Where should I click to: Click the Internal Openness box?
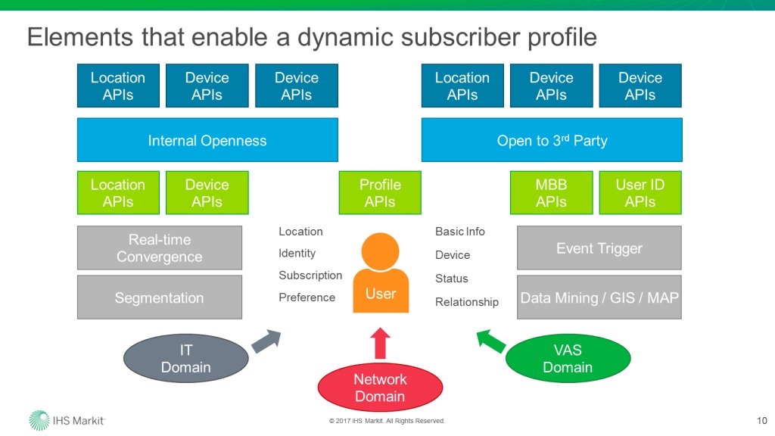click(x=207, y=140)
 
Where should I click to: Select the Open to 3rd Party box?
click(x=552, y=140)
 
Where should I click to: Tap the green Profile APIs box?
click(x=380, y=193)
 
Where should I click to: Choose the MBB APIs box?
click(x=551, y=193)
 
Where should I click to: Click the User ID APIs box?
click(x=640, y=193)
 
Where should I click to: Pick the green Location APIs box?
click(x=118, y=193)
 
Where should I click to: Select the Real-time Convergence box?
click(x=160, y=248)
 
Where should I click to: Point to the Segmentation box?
click(x=160, y=297)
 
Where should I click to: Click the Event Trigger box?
click(x=599, y=248)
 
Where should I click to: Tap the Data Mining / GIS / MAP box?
click(x=599, y=297)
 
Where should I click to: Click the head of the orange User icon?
click(x=380, y=250)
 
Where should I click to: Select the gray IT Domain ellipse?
click(x=186, y=359)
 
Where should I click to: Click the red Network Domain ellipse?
click(x=380, y=388)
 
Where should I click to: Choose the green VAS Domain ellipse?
click(x=568, y=359)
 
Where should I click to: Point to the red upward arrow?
click(x=381, y=342)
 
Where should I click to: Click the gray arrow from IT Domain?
click(x=266, y=341)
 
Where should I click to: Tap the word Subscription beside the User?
click(x=310, y=276)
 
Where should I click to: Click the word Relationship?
click(x=467, y=302)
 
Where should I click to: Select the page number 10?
click(x=761, y=421)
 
